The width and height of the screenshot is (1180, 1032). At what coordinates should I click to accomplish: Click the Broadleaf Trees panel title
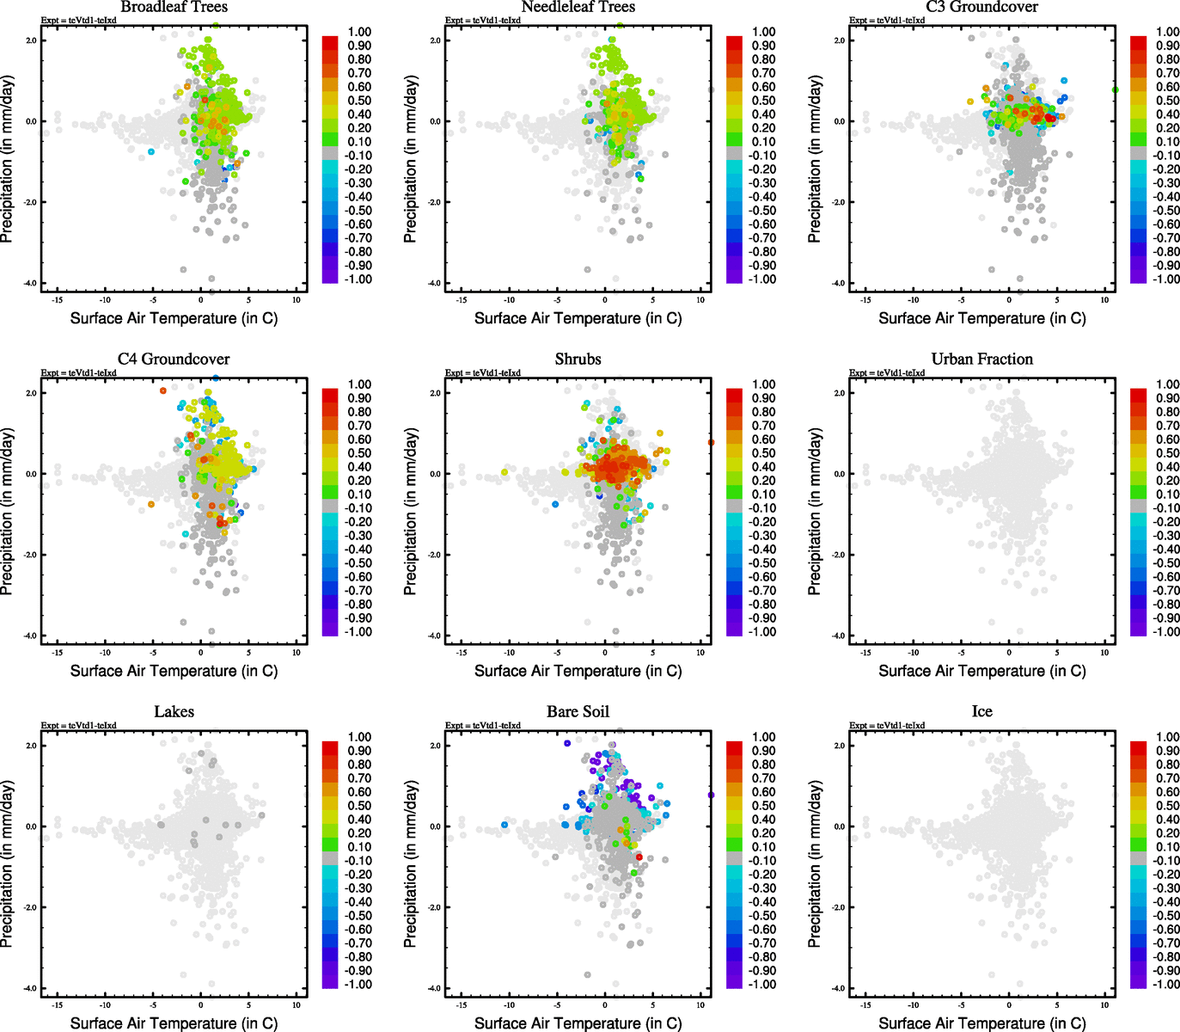(174, 7)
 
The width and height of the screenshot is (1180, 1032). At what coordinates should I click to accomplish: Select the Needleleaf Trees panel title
(578, 7)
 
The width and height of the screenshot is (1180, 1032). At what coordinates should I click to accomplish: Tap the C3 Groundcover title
(981, 7)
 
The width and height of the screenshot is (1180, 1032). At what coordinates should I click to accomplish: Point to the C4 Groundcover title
(174, 359)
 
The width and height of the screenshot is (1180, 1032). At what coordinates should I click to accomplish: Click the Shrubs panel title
(578, 359)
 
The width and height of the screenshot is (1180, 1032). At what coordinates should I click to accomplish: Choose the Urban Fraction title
(981, 359)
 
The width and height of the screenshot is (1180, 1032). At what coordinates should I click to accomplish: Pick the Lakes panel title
(174, 711)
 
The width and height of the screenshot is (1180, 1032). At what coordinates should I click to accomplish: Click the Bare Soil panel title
(578, 711)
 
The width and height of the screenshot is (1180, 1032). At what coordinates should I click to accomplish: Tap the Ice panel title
(981, 711)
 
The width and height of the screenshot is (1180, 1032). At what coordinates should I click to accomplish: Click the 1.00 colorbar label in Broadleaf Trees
(359, 32)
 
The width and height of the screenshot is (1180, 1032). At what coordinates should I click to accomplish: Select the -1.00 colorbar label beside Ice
(1165, 984)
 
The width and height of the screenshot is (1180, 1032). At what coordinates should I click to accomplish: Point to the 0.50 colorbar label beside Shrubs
(763, 453)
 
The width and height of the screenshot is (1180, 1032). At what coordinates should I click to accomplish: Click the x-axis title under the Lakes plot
(174, 1023)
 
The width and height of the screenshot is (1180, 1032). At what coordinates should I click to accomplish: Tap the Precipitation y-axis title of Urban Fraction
(815, 513)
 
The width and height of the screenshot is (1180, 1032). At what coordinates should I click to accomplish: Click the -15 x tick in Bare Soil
(462, 1004)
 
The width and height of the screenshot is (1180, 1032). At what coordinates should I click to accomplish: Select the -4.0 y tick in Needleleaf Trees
(435, 283)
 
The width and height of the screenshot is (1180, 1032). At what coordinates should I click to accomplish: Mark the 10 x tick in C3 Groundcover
(1104, 299)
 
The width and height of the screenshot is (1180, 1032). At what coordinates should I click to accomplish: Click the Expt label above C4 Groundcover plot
(78, 372)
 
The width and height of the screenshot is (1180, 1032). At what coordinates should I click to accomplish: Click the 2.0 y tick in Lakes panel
(31, 746)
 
